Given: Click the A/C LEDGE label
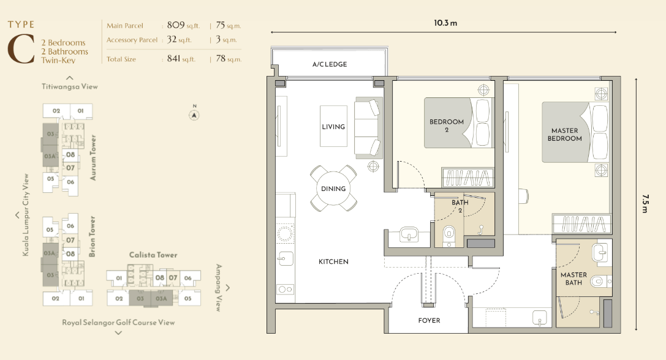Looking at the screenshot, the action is pyautogui.click(x=330, y=64).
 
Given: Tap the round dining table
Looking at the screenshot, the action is pyautogui.click(x=333, y=189).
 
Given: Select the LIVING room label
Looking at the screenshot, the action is pyautogui.click(x=333, y=127).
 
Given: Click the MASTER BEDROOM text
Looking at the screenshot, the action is pyautogui.click(x=564, y=135).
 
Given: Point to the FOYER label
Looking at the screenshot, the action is pyautogui.click(x=429, y=321).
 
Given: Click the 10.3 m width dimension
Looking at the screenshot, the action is pyautogui.click(x=445, y=23).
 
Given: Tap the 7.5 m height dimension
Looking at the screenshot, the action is pyautogui.click(x=645, y=204).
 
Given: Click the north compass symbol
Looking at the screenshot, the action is pyautogui.click(x=194, y=115).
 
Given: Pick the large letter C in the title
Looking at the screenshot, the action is pyautogui.click(x=21, y=49).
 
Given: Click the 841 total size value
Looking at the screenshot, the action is pyautogui.click(x=174, y=58).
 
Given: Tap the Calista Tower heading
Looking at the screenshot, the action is pyautogui.click(x=153, y=255).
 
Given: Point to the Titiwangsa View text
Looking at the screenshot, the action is pyautogui.click(x=70, y=86).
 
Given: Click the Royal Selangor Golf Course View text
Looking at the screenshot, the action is pyautogui.click(x=118, y=322).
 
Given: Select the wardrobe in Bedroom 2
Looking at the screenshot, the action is pyautogui.click(x=467, y=177).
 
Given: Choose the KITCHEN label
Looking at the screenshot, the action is pyautogui.click(x=333, y=261).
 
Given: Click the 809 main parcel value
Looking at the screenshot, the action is pyautogui.click(x=176, y=25).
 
